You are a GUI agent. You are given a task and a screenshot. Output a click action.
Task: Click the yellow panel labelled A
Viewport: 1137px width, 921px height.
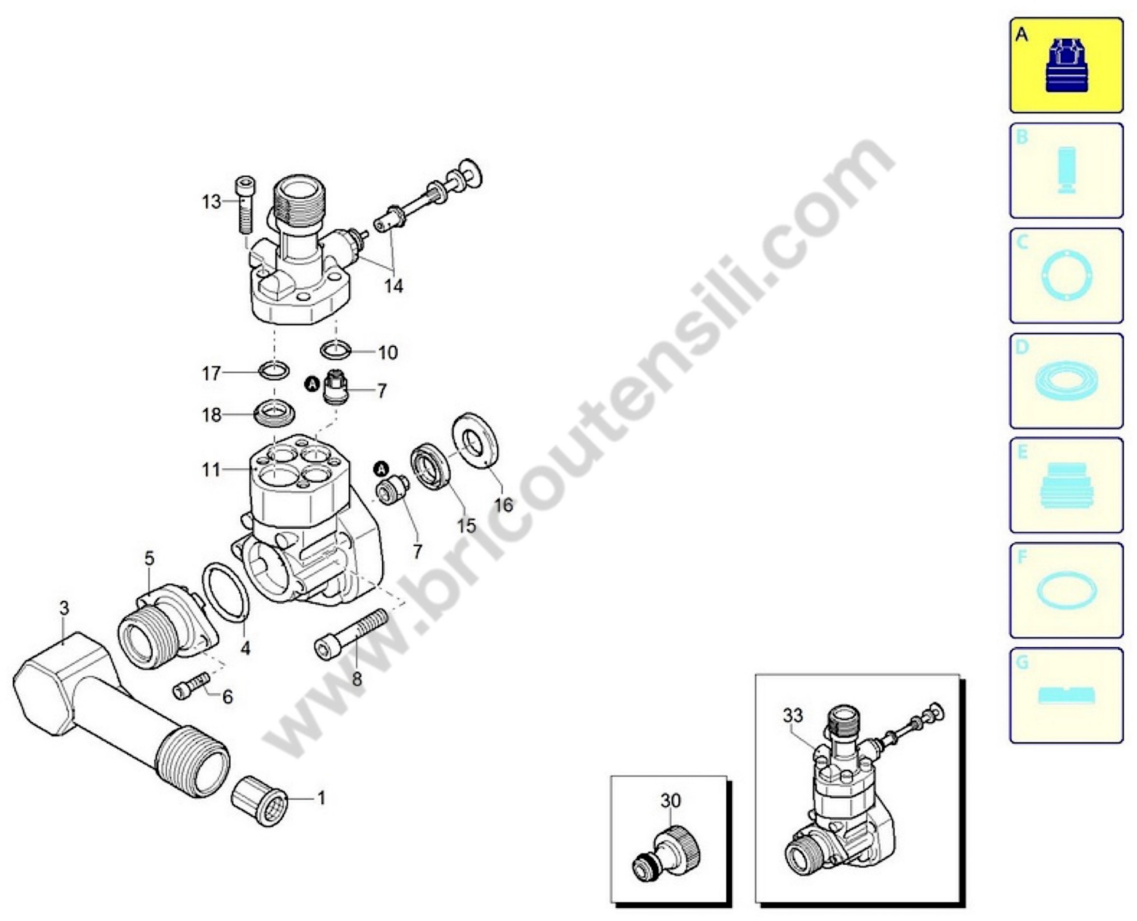tap(1066, 65)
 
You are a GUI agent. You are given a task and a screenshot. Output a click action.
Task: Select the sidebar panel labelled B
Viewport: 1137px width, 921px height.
tap(1066, 170)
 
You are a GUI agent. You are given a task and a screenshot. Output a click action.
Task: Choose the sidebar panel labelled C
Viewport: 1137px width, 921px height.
tap(1066, 275)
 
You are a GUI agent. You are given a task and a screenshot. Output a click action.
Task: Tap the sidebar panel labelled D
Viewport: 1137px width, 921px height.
tap(1066, 380)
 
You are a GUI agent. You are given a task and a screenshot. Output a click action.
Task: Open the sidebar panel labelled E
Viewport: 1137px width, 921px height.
tap(1066, 485)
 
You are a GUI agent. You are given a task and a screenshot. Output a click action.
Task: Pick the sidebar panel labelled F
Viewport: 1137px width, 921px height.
tap(1066, 590)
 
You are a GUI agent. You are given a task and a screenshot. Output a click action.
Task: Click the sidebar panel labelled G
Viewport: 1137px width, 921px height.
tap(1066, 695)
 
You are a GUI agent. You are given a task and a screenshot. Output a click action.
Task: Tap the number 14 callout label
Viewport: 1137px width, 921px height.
tap(393, 286)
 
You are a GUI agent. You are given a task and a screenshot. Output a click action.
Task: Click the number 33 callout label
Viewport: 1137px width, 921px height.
tap(793, 716)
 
